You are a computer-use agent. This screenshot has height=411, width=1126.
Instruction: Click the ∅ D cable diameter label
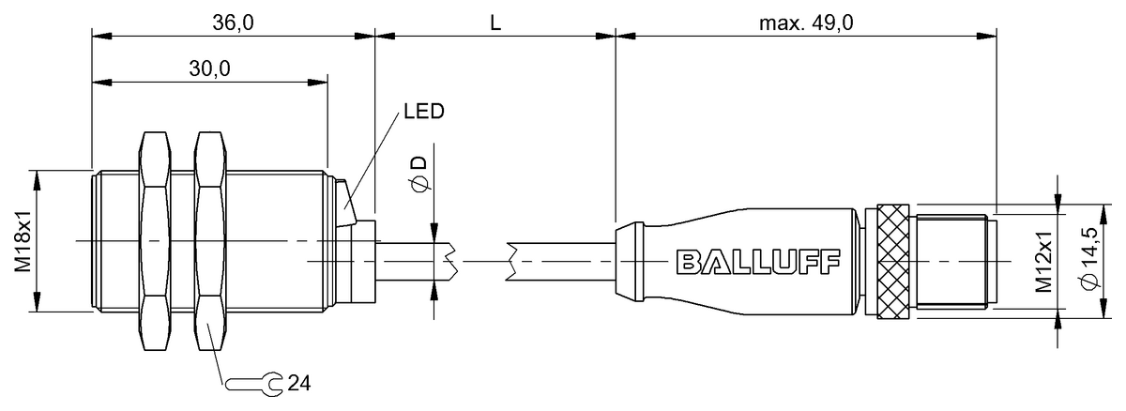click(x=419, y=175)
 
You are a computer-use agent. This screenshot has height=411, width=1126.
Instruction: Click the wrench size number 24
click(x=299, y=383)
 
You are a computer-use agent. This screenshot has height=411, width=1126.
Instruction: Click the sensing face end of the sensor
click(x=94, y=241)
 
